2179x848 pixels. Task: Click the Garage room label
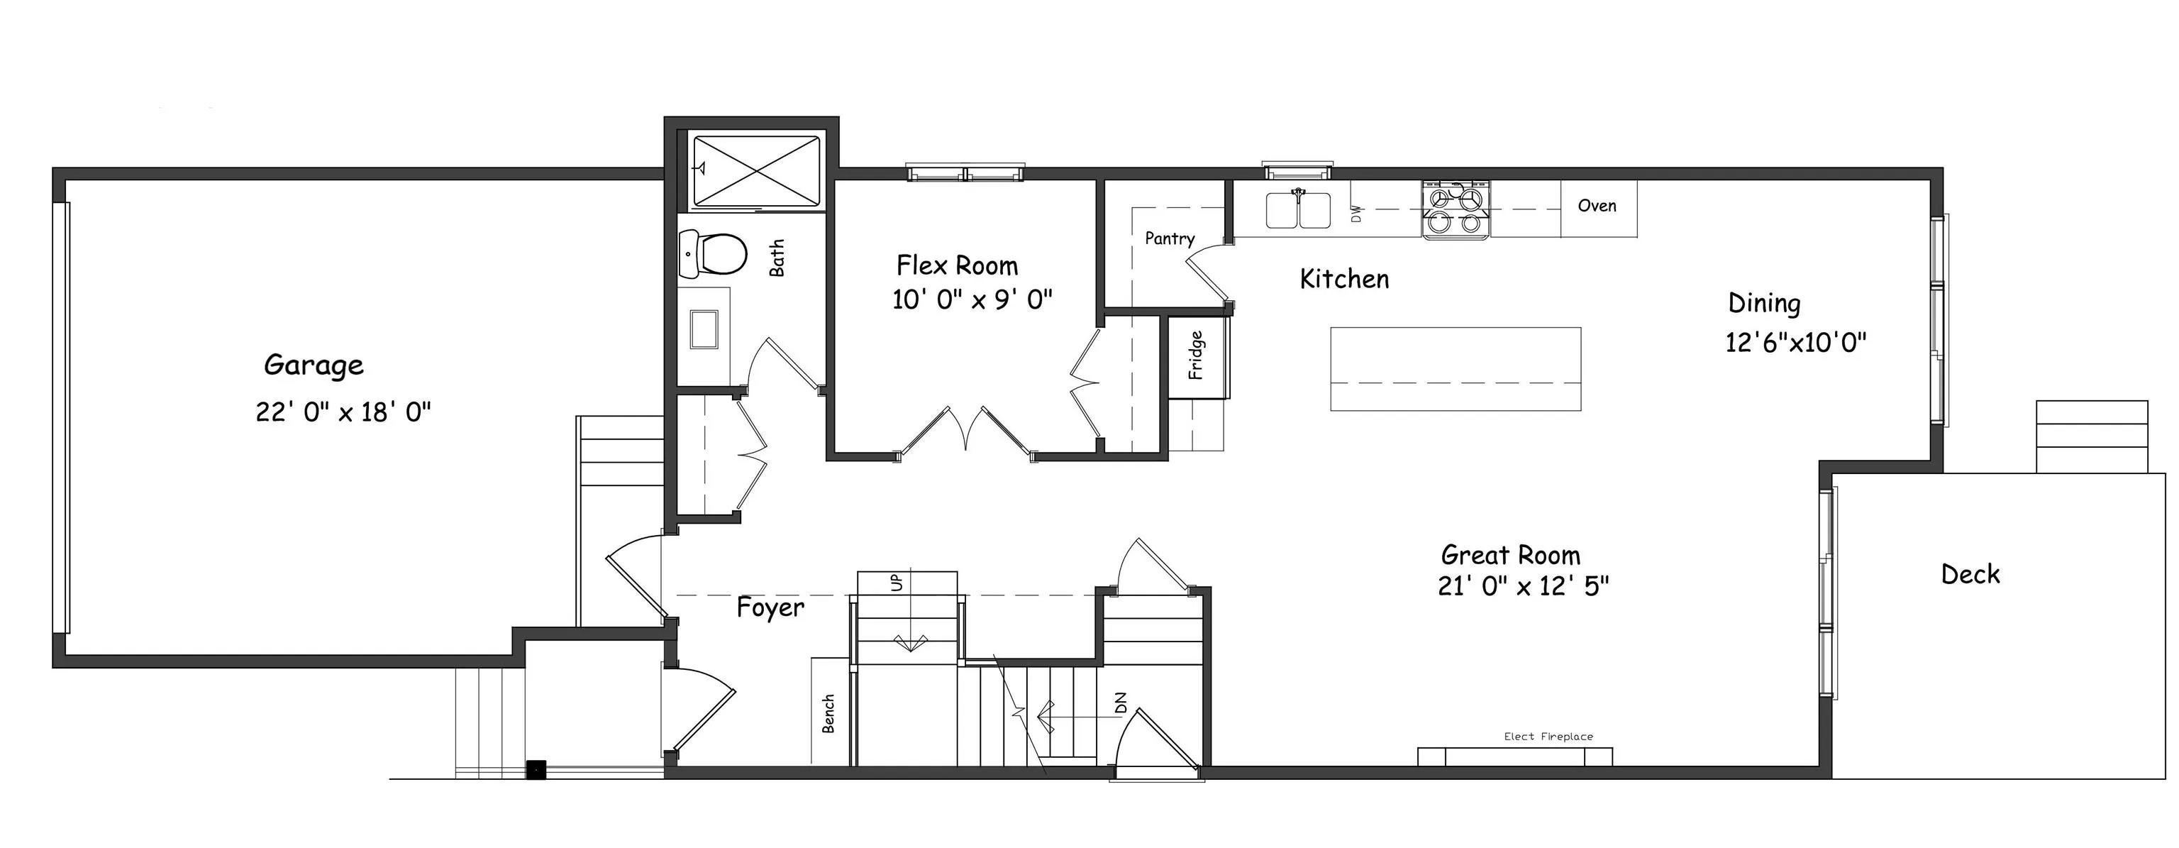(313, 365)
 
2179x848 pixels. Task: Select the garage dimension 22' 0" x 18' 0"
(343, 412)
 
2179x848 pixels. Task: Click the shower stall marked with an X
(756, 171)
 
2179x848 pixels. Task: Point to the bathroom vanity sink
(704, 329)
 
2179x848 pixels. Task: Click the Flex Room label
(957, 265)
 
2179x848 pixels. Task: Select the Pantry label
(1169, 238)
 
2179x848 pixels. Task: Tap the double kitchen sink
(1297, 211)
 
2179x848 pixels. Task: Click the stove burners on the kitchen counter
(1455, 210)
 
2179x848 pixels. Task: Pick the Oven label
(1597, 206)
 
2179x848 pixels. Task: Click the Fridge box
(1196, 355)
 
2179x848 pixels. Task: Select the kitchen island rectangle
(1455, 369)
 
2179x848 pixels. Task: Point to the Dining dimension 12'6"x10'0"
(1795, 343)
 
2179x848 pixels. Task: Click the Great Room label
(1510, 555)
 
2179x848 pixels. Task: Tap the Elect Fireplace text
(1548, 737)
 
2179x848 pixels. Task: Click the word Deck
(1969, 575)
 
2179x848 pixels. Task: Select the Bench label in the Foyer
(829, 712)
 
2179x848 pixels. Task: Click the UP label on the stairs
(897, 583)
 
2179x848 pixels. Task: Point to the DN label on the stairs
(1121, 703)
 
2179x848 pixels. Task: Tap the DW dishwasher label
(1357, 214)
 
